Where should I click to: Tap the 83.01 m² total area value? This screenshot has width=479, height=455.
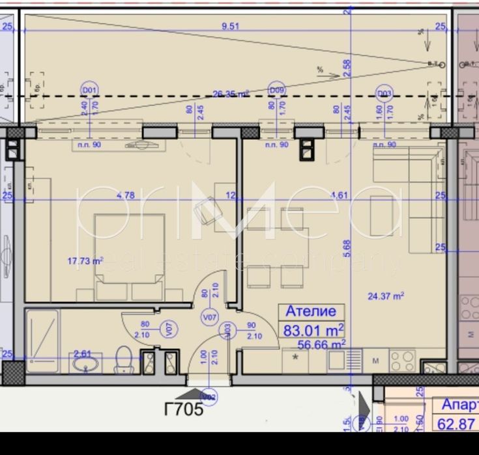click(313, 329)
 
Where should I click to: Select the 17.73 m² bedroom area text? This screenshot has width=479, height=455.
click(85, 261)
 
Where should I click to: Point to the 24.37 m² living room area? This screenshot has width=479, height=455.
click(386, 296)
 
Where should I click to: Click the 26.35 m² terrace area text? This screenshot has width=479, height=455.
click(230, 94)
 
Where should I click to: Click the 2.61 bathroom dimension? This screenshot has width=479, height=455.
click(82, 353)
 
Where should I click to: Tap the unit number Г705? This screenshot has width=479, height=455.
click(183, 409)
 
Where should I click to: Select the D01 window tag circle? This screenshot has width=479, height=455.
click(89, 90)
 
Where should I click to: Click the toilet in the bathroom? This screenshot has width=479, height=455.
click(124, 359)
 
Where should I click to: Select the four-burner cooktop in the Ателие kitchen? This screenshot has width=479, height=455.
click(402, 359)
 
